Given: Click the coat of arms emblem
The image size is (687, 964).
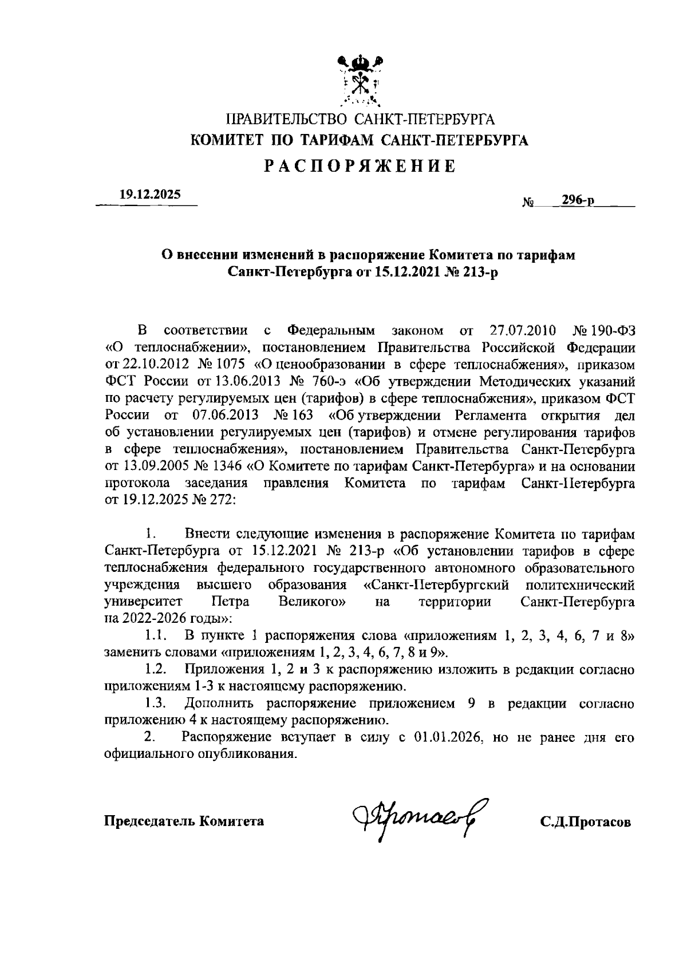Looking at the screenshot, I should [360, 81].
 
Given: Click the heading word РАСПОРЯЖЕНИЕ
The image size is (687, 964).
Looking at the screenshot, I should [360, 167].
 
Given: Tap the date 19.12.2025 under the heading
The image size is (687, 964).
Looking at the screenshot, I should [149, 195].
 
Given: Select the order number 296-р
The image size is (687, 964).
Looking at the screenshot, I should [577, 200].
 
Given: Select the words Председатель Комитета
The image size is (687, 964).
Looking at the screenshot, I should [184, 821].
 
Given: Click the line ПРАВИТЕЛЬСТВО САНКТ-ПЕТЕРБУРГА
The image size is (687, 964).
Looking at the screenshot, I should [360, 120].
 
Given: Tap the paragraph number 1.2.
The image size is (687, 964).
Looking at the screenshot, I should [156, 669].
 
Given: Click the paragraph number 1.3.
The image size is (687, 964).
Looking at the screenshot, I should [156, 703].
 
